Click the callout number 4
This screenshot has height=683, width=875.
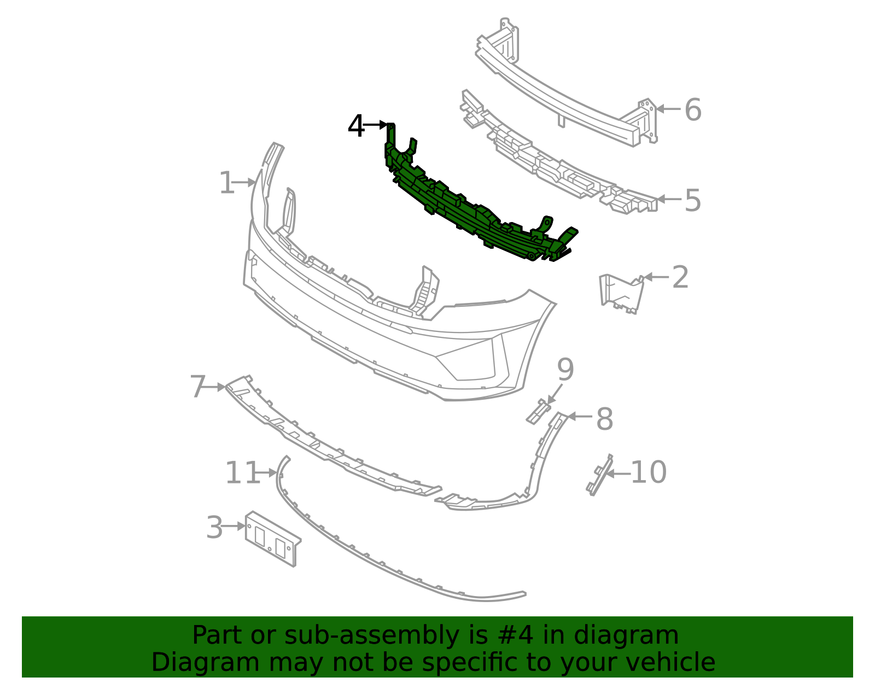click(x=356, y=126)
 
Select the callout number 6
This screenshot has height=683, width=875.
click(x=692, y=110)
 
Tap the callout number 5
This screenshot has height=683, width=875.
click(x=692, y=201)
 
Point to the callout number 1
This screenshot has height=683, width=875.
click(x=226, y=183)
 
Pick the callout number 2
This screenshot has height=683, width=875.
click(x=680, y=278)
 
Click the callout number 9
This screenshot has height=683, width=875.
click(x=565, y=370)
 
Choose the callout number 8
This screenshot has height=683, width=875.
click(x=604, y=419)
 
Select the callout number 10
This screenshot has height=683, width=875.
click(x=649, y=472)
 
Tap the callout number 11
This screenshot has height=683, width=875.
click(x=242, y=473)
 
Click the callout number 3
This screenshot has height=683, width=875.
click(x=214, y=528)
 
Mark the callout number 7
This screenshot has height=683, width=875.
click(x=197, y=387)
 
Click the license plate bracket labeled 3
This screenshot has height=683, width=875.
click(x=272, y=538)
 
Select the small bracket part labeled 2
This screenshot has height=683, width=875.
click(x=621, y=294)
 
